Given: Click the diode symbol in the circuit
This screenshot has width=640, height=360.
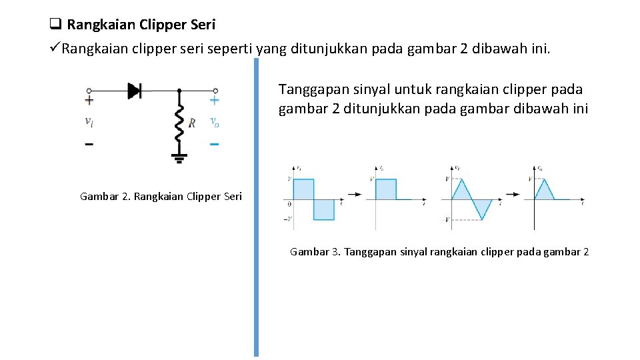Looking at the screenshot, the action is click(135, 90).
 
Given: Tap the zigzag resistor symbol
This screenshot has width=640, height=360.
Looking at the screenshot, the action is click(179, 123).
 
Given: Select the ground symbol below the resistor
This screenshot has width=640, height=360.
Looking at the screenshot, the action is click(179, 158).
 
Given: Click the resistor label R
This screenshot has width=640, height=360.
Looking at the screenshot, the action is click(192, 123).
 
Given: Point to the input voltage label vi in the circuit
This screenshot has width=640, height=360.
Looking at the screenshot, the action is click(89, 121).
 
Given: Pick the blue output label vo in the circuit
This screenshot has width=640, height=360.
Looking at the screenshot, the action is click(214, 121).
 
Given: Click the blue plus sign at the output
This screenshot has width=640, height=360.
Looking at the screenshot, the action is click(214, 101).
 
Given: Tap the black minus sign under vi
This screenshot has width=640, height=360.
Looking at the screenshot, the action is click(89, 143).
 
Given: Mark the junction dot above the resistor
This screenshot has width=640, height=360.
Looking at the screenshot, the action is click(179, 90).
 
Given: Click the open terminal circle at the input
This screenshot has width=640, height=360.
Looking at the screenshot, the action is click(89, 90).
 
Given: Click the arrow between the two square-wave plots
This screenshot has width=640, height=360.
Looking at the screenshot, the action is click(355, 194).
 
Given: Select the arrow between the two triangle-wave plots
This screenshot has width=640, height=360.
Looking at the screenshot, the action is click(513, 194).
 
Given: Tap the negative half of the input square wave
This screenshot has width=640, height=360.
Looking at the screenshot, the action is click(324, 209).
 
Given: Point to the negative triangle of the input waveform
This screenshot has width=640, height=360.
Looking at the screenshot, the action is click(481, 207).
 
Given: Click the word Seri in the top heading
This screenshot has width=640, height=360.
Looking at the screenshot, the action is click(203, 25).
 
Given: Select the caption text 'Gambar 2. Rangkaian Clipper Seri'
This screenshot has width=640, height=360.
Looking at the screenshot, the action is click(161, 196).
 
